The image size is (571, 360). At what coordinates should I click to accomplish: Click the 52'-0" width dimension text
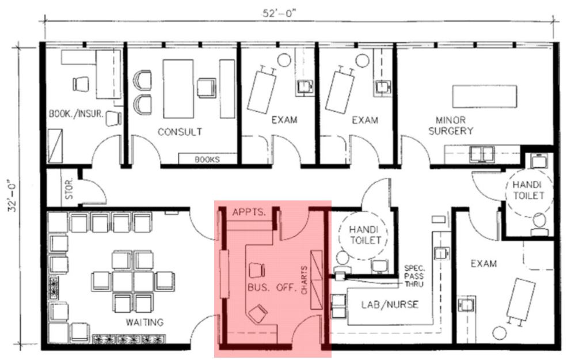[x=279, y=13]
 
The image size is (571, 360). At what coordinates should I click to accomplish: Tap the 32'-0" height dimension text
[x=13, y=195]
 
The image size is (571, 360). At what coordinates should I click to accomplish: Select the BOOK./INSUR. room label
[x=76, y=114]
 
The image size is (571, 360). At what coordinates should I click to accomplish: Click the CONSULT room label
[x=180, y=131]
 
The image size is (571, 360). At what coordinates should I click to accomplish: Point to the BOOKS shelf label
[x=207, y=159]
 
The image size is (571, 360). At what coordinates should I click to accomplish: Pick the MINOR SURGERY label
[x=451, y=126]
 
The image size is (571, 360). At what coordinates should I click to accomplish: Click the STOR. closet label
[x=69, y=188]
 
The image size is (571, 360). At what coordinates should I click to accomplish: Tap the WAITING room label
[x=144, y=322]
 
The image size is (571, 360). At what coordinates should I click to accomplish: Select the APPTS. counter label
[x=249, y=212]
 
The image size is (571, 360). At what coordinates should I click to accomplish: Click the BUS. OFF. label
[x=271, y=287]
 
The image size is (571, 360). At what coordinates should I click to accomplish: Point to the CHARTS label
[x=304, y=280]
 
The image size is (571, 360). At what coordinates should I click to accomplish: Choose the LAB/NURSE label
[x=390, y=305]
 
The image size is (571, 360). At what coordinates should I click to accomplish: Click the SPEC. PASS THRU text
[x=414, y=276]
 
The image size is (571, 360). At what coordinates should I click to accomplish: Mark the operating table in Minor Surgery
[x=485, y=96]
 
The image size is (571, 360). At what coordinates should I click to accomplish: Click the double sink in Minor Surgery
[x=481, y=154]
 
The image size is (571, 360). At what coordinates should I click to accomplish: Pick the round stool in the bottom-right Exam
[x=499, y=333]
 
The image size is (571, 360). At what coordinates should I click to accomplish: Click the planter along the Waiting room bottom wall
[x=129, y=339]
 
